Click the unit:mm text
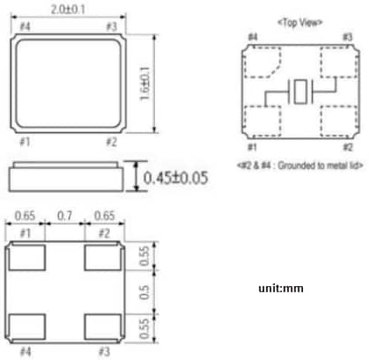280,288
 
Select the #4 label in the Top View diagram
253,36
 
